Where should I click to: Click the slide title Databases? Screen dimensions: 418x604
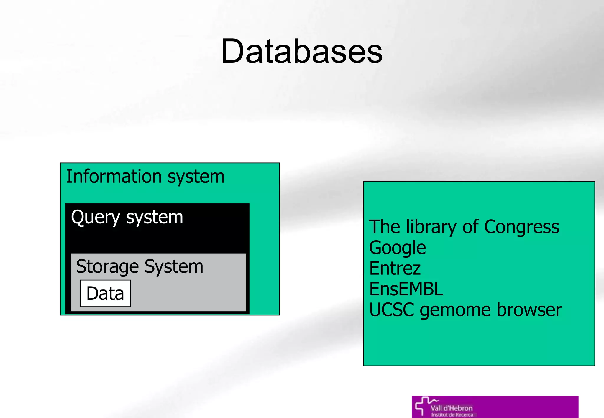[x=302, y=51]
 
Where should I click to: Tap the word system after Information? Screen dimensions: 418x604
[x=196, y=177]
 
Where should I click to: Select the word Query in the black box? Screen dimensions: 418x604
[x=95, y=218]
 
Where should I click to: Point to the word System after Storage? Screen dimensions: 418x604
[x=174, y=267]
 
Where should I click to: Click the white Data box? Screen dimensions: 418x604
[x=105, y=293]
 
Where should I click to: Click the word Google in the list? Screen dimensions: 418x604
[x=397, y=248]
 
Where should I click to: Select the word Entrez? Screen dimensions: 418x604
[x=395, y=268]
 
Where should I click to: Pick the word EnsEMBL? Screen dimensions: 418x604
[x=406, y=289]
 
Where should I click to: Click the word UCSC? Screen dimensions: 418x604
[x=391, y=310]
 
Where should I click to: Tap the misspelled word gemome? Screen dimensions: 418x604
[x=455, y=310]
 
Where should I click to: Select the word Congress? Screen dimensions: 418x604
[x=521, y=227]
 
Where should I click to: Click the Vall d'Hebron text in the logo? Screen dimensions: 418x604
[x=451, y=408]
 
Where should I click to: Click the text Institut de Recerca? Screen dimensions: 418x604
[x=452, y=415]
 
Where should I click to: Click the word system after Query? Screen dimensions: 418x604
[x=154, y=218]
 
